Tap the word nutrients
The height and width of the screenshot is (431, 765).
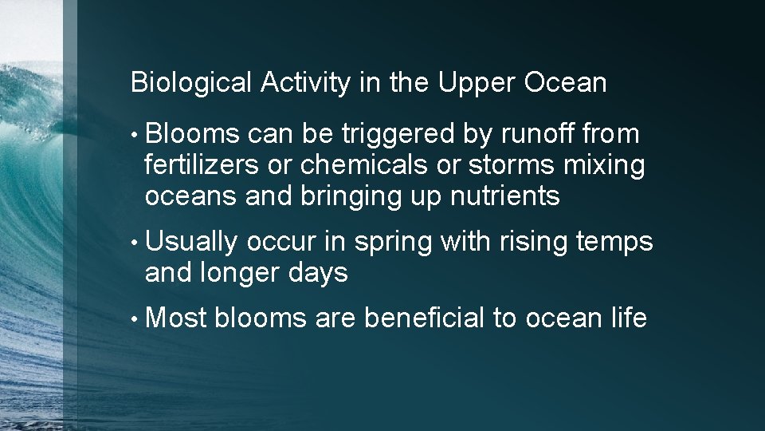(508, 196)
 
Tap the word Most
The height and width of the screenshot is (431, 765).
(176, 318)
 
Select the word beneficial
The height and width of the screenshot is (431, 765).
(424, 318)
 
